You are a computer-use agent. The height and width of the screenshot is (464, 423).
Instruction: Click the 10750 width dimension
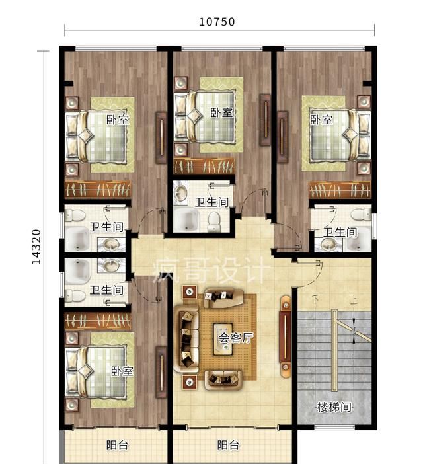coord(217,22)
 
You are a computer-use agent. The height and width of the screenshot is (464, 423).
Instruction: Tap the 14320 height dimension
coord(36,247)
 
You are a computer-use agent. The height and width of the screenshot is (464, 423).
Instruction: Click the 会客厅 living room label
coord(236,337)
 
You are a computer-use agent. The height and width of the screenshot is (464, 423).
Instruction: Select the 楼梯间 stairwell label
coord(334,407)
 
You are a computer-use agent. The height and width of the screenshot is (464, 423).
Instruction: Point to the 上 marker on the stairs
coord(354,301)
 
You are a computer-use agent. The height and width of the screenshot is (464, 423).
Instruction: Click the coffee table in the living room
coord(223,339)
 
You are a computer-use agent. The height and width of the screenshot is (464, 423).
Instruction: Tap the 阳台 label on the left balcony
coord(118,445)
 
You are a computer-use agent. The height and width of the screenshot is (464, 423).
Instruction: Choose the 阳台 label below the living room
coord(229,445)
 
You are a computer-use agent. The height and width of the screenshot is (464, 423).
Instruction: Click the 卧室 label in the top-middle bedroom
coord(222,112)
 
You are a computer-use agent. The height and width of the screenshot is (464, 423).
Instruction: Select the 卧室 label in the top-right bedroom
coord(321,120)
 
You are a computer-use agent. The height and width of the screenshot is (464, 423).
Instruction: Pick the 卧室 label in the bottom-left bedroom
coord(122,371)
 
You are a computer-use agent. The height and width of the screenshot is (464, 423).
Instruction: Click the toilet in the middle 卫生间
coord(214,221)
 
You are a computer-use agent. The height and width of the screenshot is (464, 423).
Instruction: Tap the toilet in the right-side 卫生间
coord(361,214)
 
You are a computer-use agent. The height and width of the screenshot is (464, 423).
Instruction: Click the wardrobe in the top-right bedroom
coord(340,190)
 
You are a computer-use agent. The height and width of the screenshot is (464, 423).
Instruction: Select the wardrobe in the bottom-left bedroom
coord(98,321)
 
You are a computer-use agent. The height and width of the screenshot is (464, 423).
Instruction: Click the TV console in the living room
coord(286,337)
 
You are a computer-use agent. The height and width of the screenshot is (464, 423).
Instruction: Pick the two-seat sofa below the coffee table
coord(223,379)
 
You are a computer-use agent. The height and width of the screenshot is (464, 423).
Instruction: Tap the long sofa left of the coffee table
coord(186,339)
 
